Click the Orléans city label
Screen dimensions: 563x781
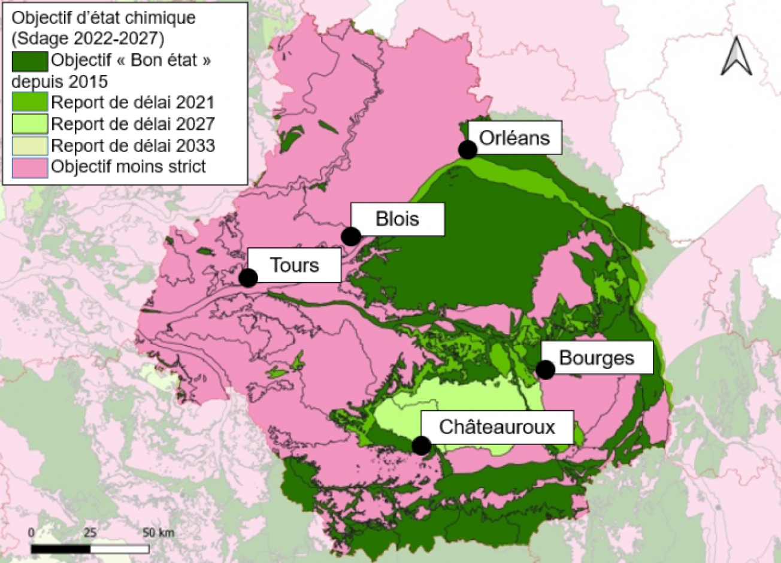tap(514, 138)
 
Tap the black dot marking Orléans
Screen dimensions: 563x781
tap(468, 150)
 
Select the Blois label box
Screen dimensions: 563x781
tap(397, 219)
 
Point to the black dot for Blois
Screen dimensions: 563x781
tap(351, 237)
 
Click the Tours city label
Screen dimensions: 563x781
tap(294, 265)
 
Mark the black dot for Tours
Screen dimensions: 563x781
tap(248, 278)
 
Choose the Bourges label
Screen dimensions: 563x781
tap(596, 358)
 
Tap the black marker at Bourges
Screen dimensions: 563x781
tap(545, 370)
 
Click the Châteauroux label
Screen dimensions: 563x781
tap(497, 426)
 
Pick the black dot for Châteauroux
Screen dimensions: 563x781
tap(421, 446)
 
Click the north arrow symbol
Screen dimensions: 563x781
tap(737, 57)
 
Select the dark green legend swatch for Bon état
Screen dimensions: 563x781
tap(29, 60)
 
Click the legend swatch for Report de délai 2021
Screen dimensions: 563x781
tap(29, 102)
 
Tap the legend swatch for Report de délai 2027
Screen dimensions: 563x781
tap(29, 124)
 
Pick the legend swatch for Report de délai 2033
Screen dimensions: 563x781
tap(29, 146)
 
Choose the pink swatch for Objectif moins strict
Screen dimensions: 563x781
tap(29, 167)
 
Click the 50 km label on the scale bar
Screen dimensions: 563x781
tap(158, 532)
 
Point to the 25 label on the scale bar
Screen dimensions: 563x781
tap(90, 532)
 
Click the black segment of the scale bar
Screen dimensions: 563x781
tap(60, 549)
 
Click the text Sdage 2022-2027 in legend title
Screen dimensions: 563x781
tap(87, 38)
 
